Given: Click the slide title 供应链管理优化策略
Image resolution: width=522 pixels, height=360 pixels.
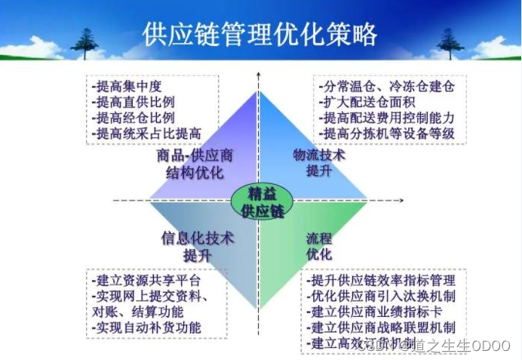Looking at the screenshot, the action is [x=259, y=35].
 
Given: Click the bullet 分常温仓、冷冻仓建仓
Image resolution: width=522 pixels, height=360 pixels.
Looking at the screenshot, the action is [x=387, y=85].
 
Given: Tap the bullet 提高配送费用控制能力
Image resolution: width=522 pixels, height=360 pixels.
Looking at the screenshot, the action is [x=387, y=117].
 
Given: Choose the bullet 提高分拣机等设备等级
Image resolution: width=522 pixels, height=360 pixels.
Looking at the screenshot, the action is [x=387, y=133].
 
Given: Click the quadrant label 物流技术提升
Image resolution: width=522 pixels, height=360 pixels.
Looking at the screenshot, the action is [x=319, y=162].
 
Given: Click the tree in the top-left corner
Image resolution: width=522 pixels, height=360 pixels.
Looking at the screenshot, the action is [x=84, y=42].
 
